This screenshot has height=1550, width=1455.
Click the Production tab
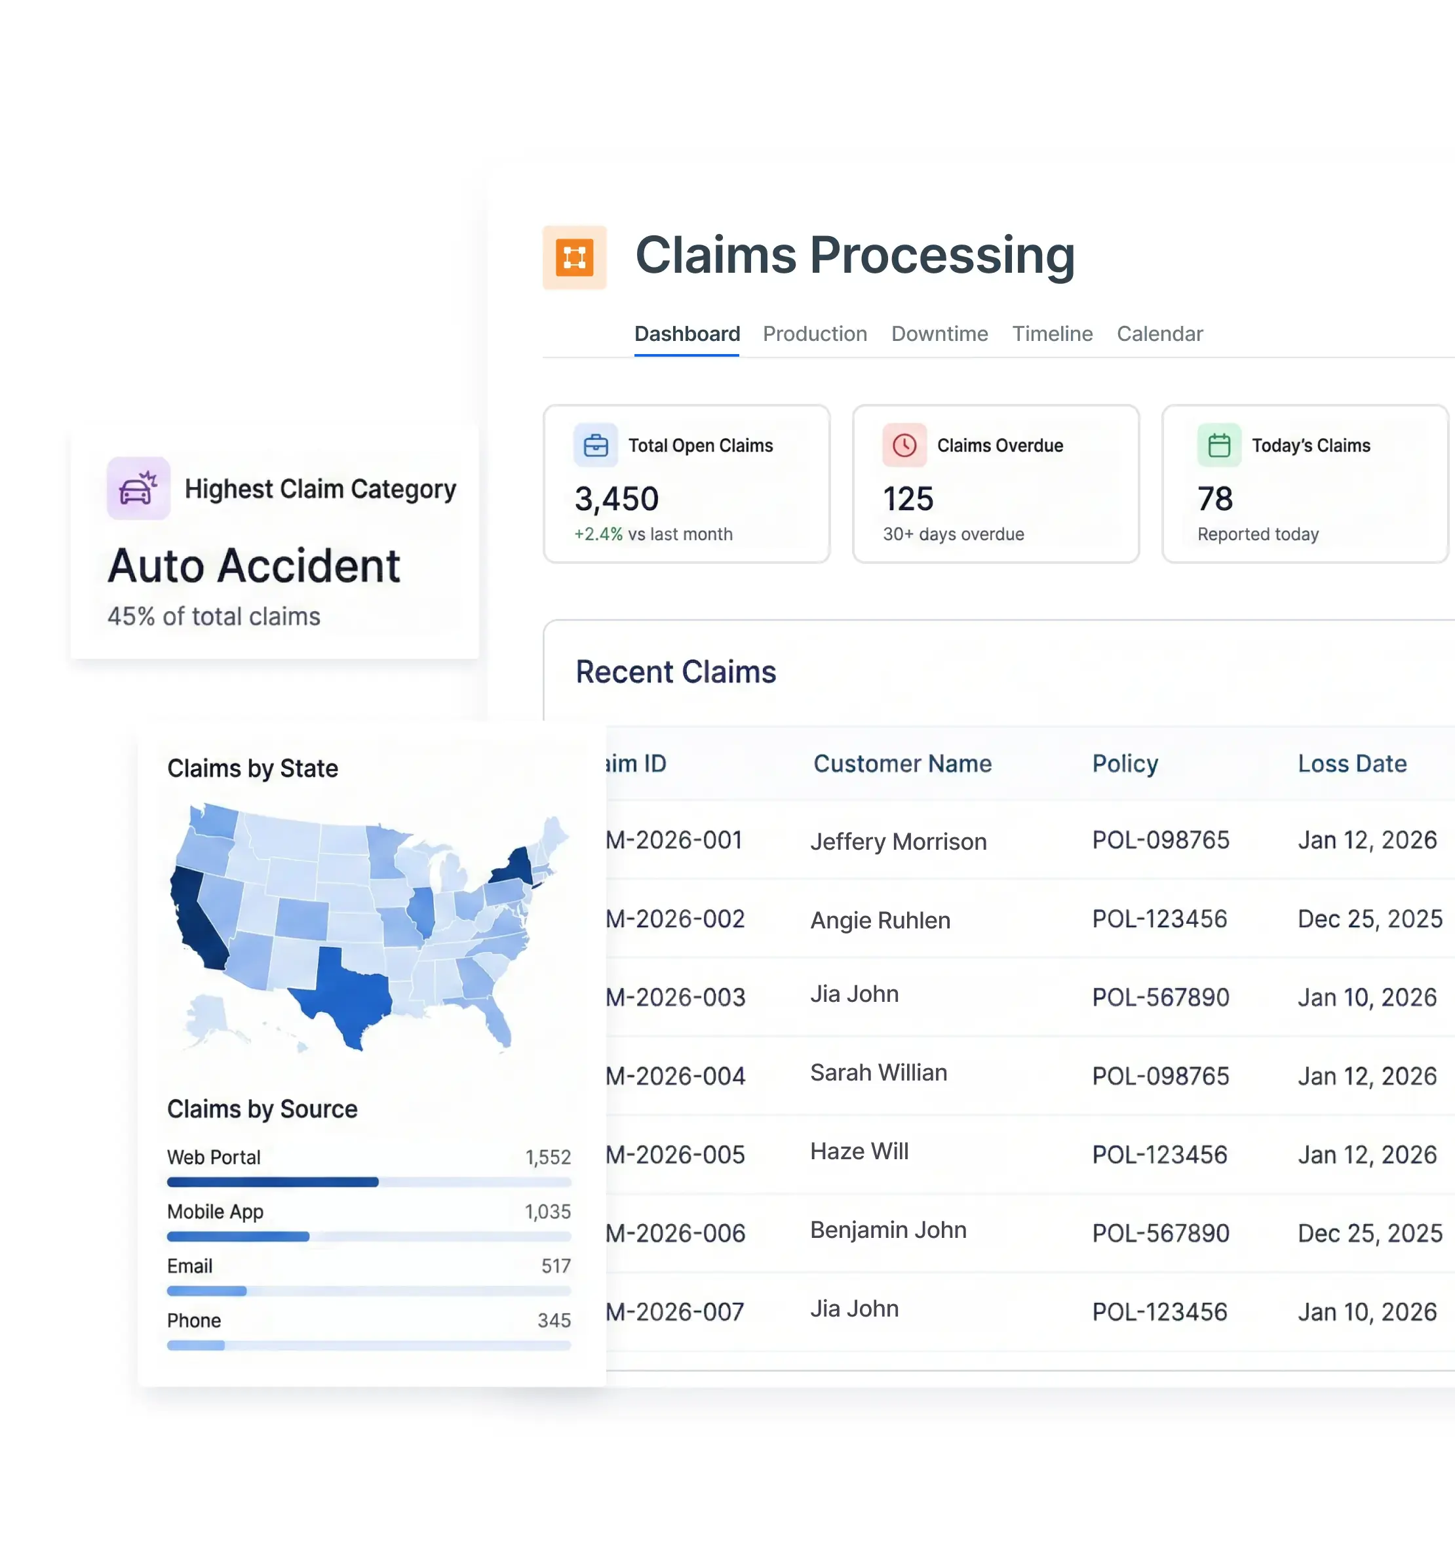click(815, 334)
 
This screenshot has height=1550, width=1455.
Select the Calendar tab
click(1159, 334)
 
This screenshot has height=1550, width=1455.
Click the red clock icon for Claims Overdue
click(904, 445)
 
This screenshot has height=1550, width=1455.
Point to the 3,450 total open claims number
click(617, 499)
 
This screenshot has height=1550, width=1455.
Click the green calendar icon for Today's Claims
click(1218, 445)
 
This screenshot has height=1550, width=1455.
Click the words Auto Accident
click(254, 566)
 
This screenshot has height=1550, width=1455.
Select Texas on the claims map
click(347, 994)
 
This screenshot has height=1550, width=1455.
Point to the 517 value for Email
click(556, 1266)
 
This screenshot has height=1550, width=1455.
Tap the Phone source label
click(194, 1321)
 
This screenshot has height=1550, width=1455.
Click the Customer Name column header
click(902, 763)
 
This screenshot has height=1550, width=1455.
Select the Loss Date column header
click(1351, 763)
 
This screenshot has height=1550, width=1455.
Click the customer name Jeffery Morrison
click(898, 842)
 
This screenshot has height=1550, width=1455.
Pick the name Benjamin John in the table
click(887, 1230)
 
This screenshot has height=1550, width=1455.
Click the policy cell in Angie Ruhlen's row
click(1159, 919)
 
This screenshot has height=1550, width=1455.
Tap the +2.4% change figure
click(598, 534)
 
